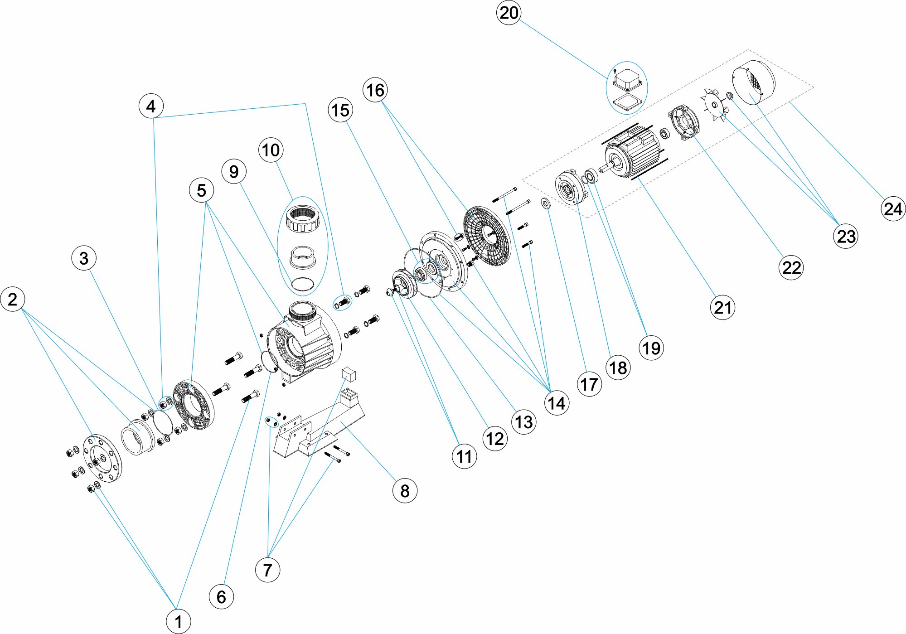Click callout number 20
pos(509,13)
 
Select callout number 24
pos(893,209)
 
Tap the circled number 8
pos(405,490)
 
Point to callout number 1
pos(178,621)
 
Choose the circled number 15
pos(340,110)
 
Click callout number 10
pos(271,150)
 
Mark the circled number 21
pos(722,307)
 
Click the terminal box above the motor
pos(628,81)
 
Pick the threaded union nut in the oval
pos(303,218)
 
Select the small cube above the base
pos(349,374)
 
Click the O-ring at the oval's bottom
pos(302,284)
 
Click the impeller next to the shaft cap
pos(403,283)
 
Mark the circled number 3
pos(84,258)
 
